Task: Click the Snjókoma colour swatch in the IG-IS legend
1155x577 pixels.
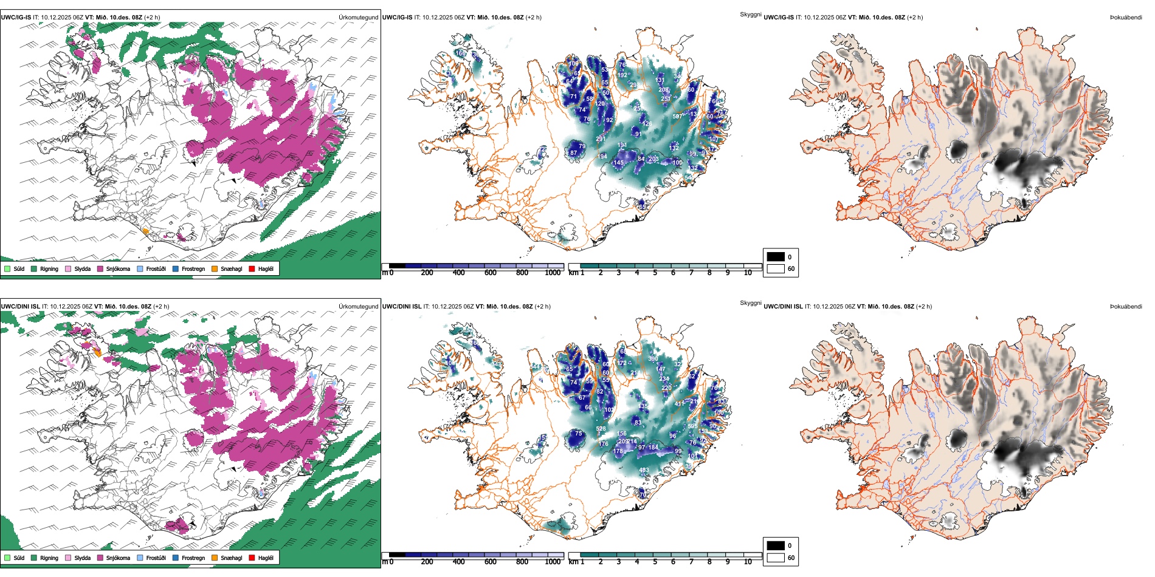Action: pos(100,268)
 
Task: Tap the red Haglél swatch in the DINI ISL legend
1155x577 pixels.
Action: pos(252,558)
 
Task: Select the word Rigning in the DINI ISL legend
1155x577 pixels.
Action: pos(49,558)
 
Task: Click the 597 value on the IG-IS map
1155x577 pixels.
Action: pos(677,117)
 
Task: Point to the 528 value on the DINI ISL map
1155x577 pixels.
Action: pos(601,429)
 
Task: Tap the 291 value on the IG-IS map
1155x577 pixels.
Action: pos(601,139)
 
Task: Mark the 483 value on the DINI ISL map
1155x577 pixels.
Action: pos(644,470)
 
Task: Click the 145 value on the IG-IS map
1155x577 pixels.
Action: pos(618,163)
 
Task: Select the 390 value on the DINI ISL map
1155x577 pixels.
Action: pos(652,359)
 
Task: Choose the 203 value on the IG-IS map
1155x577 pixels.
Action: pos(653,159)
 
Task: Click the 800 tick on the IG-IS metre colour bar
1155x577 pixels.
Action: pos(522,273)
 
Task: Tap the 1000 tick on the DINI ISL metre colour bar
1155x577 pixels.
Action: pos(553,562)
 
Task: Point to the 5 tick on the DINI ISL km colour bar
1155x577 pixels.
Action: pos(655,562)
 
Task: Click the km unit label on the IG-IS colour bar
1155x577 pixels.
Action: pos(573,273)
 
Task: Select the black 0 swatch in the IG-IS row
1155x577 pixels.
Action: pos(776,257)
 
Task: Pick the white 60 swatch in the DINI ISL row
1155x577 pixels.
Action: pos(776,558)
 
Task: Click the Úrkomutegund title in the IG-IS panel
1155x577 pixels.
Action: pos(358,18)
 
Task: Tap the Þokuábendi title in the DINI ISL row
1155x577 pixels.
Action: pos(1126,307)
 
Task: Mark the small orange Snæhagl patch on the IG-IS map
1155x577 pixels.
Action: pos(145,231)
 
